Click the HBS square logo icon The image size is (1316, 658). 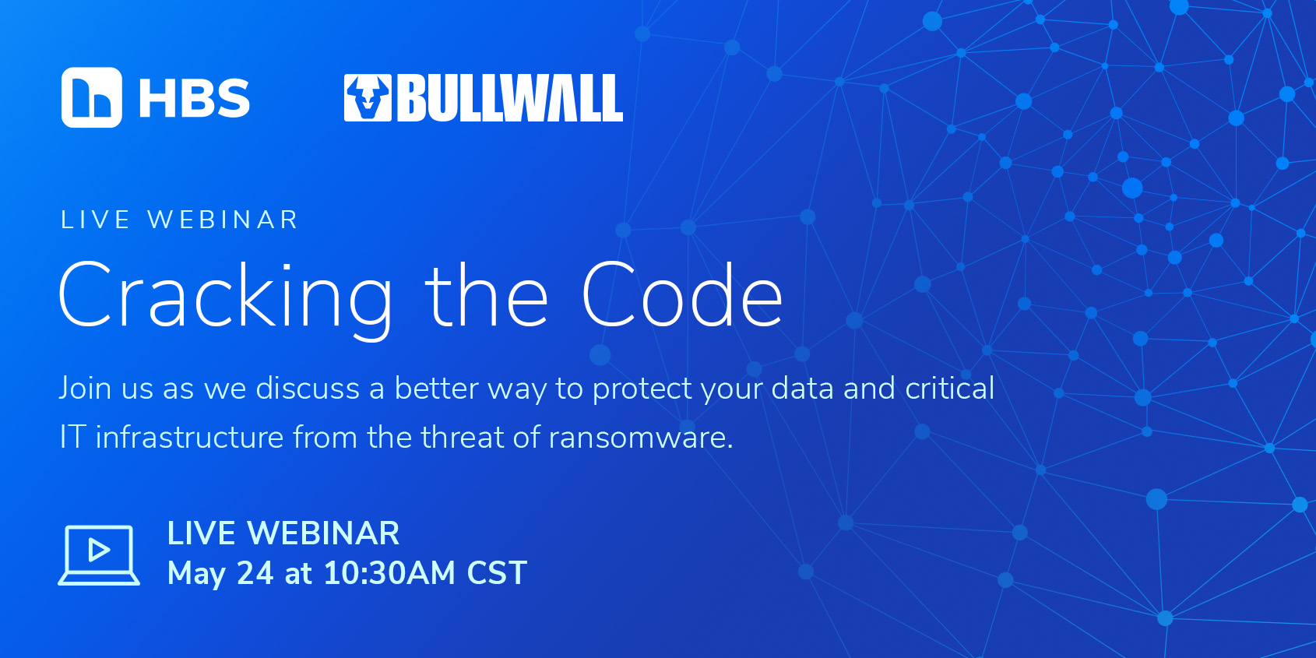(92, 97)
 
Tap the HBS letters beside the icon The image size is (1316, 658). (195, 98)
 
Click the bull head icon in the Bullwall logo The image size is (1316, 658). (368, 98)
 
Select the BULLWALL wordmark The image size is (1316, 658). (510, 98)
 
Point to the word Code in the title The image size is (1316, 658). (683, 295)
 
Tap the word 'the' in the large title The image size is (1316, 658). (487, 295)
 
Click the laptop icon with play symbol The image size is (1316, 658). (99, 555)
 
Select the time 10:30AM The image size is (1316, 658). (389, 573)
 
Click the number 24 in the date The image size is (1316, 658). (255, 573)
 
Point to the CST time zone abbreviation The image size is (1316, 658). (497, 573)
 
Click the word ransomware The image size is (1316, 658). (641, 438)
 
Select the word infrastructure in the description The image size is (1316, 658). (189, 437)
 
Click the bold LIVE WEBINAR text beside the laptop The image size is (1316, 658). (283, 533)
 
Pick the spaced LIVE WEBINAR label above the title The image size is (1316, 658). (180, 220)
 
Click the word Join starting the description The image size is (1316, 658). (85, 389)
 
